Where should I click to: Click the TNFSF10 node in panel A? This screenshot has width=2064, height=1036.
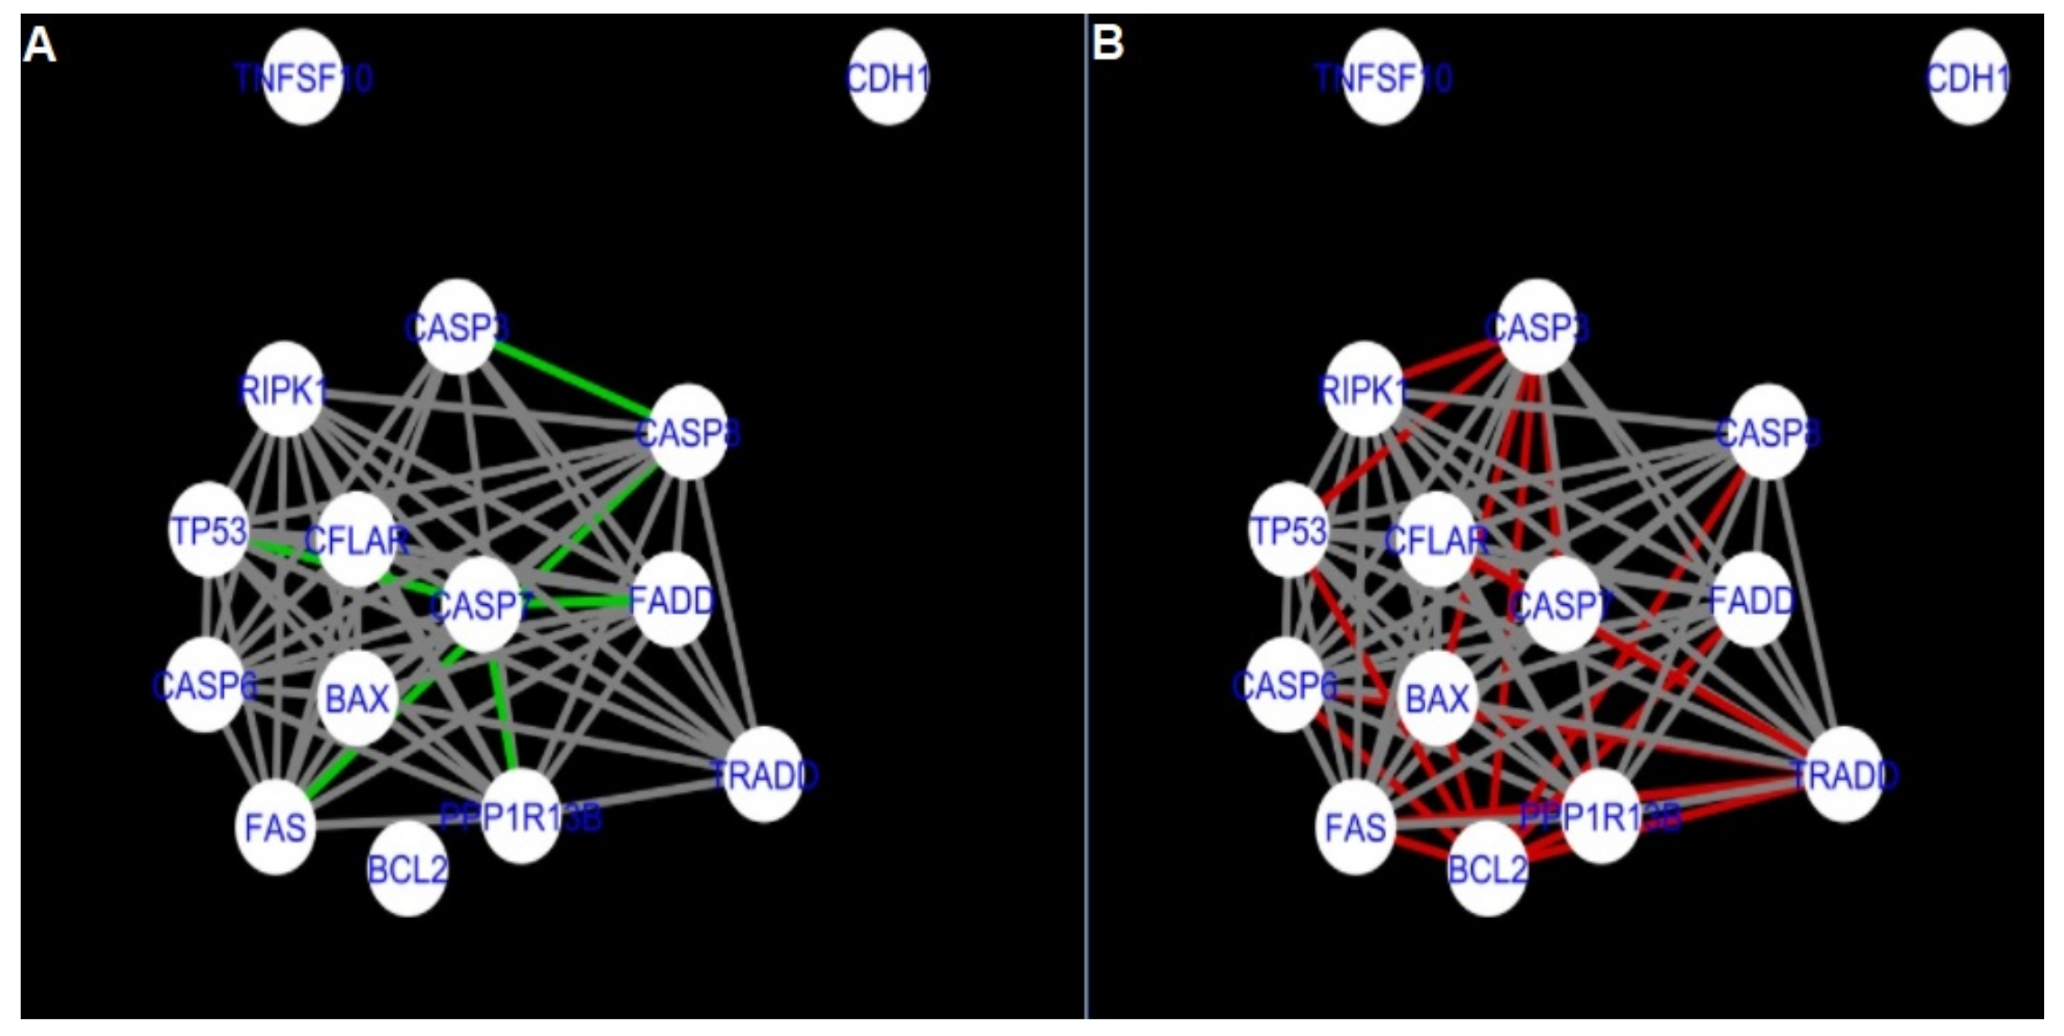coord(303,78)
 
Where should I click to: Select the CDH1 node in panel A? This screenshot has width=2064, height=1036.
coord(887,78)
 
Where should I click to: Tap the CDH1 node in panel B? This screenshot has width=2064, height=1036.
coord(1968,78)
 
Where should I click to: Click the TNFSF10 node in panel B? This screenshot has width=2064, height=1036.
coord(1382,78)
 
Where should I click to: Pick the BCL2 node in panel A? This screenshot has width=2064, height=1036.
coord(408,868)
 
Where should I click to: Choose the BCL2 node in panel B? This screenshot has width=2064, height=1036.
coord(1487,868)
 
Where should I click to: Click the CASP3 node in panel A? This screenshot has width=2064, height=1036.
coord(457,326)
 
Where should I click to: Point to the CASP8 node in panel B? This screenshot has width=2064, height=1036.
coord(1767,432)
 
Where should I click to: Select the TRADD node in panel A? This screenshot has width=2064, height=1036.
coord(764,774)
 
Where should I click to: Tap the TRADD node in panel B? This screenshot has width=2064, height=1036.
coord(1844,774)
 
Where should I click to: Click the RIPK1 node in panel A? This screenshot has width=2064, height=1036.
coord(284,390)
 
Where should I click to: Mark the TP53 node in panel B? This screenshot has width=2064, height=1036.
coord(1289,530)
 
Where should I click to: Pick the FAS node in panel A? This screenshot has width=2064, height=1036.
coord(276,826)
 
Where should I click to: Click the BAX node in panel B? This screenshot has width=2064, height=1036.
coord(1436,698)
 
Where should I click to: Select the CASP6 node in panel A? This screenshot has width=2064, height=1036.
coord(206,685)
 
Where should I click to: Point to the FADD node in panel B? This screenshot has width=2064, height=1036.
coord(1751,599)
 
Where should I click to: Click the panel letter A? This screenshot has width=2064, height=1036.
coord(40,43)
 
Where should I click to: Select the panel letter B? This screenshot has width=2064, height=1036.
coord(1108,41)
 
